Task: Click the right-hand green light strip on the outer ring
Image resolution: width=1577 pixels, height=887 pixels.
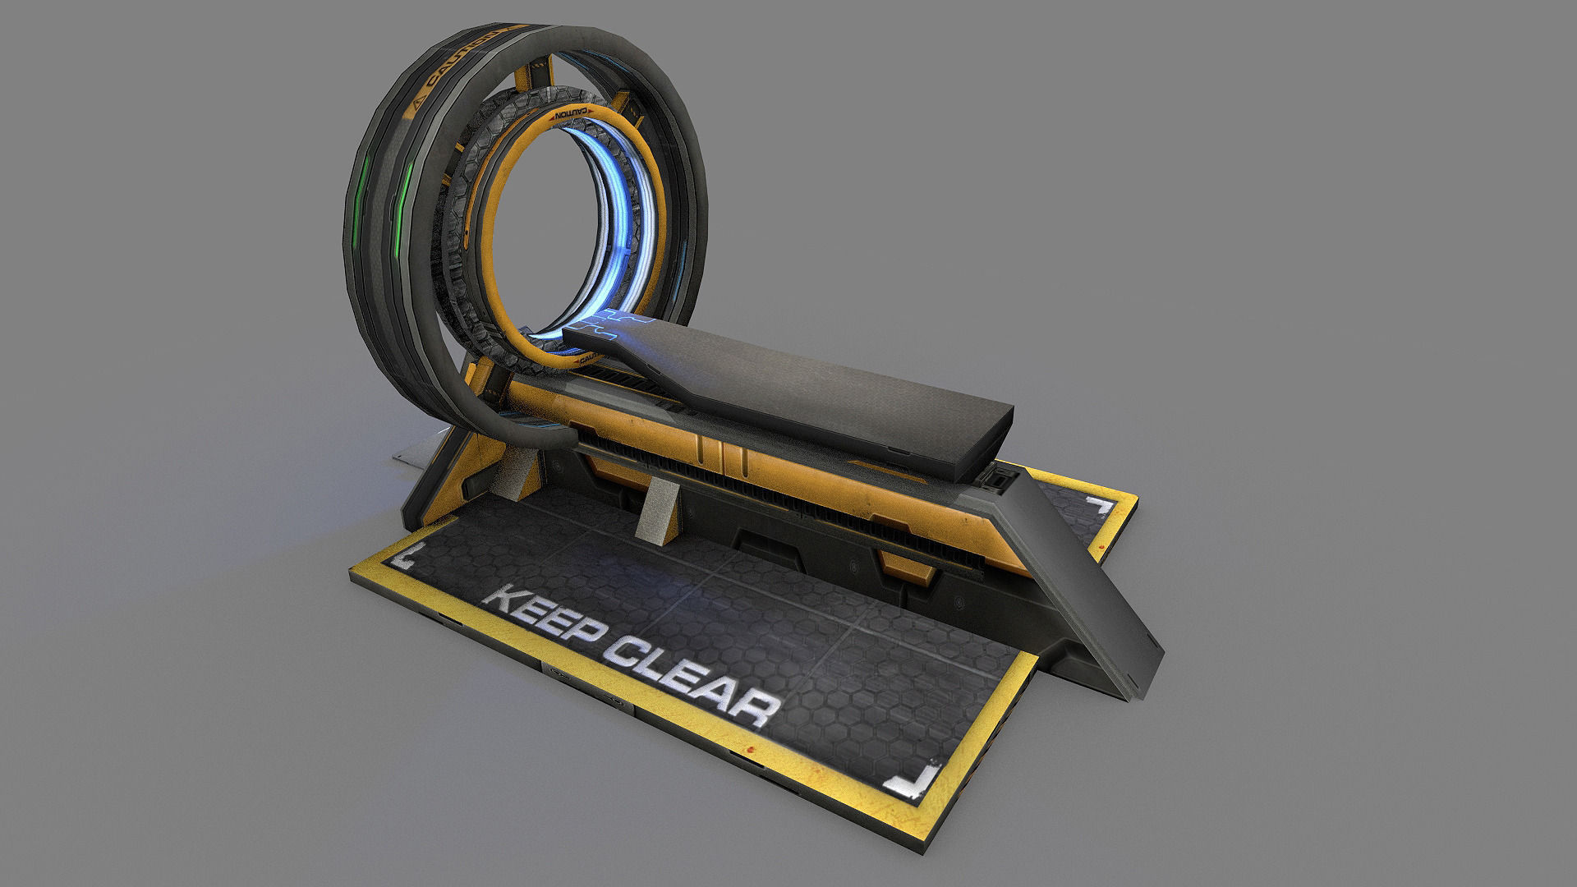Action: coord(404,202)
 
